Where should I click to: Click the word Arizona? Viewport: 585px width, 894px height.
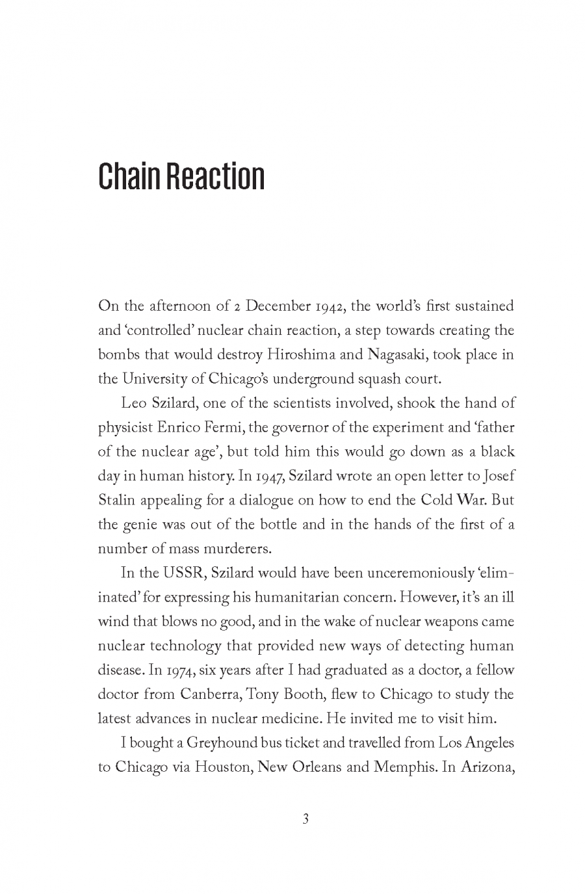pos(486,767)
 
